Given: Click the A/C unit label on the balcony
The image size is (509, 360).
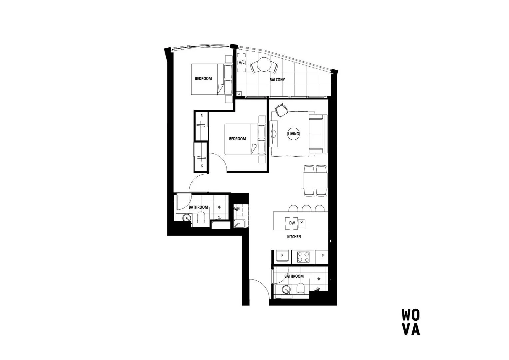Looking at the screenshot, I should pos(242,62).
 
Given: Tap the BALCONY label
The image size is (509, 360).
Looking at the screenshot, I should pos(277,80).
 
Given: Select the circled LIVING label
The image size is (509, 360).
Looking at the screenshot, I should pos(293,134).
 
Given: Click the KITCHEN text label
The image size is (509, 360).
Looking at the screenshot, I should pos(294,237).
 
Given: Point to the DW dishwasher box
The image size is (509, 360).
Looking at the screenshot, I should pos(292,223).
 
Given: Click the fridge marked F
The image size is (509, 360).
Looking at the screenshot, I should pos(282,256).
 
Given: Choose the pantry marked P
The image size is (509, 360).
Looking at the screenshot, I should pos(322,256).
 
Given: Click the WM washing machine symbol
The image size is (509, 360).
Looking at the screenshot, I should pos(237,209).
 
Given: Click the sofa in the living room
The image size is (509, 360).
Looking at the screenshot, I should pos(317,134).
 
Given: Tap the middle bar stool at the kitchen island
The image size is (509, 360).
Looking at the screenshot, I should pos(306,209).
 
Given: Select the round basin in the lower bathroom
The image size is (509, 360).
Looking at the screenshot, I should pos(286,289).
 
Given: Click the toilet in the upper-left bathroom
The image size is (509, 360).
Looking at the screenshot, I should pos(201,219).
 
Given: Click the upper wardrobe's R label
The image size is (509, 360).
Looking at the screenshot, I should pos(201,116).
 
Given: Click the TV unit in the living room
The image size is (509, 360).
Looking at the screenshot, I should pos(274,134).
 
